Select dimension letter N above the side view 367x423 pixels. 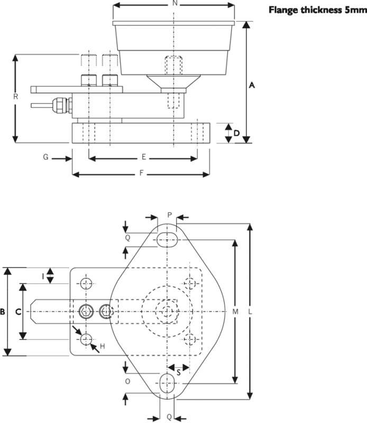tap(175, 4)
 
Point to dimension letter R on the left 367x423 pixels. tap(16, 97)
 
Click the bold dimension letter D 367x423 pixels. tap(236, 133)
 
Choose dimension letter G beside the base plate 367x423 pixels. tap(46, 157)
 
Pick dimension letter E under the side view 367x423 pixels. tap(143, 157)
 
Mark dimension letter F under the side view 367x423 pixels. tap(141, 173)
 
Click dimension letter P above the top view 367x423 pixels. tap(169, 215)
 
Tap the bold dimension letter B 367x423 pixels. tap(3, 312)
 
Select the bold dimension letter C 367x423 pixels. tap(17, 312)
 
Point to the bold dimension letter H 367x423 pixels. tap(103, 346)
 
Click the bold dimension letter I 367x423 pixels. tap(44, 275)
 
